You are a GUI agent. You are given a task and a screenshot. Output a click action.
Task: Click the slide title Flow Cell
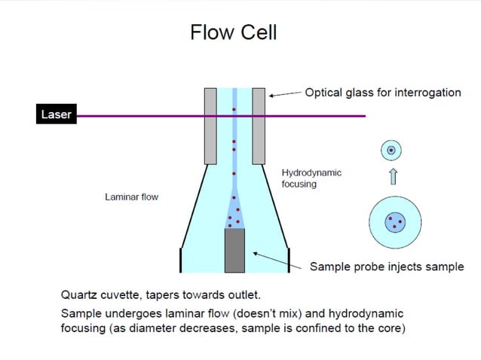click(233, 32)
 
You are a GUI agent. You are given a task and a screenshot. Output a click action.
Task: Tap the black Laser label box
click(54, 115)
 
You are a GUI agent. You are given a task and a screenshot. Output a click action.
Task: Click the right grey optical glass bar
click(259, 126)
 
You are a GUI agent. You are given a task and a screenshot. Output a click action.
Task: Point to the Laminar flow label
click(131, 197)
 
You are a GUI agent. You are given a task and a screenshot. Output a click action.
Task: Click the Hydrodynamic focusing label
click(311, 178)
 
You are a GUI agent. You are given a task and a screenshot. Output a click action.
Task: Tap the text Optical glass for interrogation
click(382, 93)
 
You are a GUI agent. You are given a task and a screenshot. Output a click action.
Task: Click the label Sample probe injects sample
click(386, 267)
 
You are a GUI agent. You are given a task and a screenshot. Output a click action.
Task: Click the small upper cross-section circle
click(391, 151)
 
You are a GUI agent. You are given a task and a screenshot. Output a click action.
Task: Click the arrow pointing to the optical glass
click(284, 94)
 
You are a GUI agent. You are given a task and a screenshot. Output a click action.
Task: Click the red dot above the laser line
click(234, 110)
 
